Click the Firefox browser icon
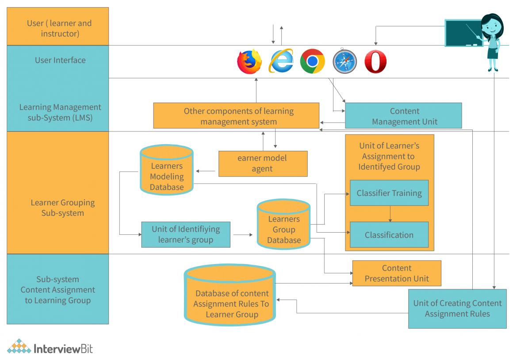(249, 61)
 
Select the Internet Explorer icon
(281, 61)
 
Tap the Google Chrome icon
(313, 61)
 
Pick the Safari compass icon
(345, 61)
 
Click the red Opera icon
(375, 61)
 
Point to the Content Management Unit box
(403, 116)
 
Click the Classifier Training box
(389, 193)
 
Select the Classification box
(389, 234)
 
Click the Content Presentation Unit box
(397, 273)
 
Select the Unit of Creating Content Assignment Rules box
(457, 309)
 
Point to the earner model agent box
(263, 163)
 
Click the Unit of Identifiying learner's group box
(186, 234)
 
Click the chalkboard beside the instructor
(463, 33)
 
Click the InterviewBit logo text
(63, 348)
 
